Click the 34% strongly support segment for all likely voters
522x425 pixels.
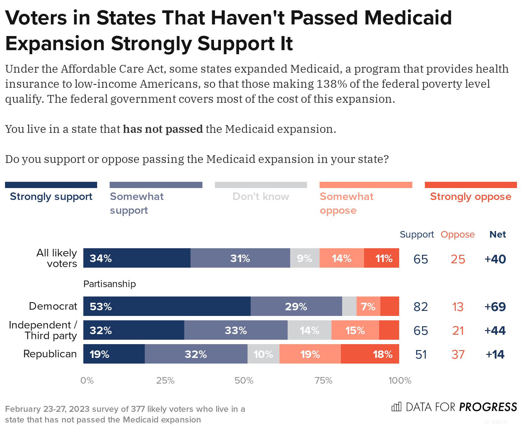coord(137,258)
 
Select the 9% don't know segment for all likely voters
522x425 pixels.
coord(305,258)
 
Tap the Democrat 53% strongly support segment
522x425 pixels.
coord(167,306)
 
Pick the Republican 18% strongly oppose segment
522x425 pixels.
coord(370,354)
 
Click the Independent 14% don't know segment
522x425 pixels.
coord(309,330)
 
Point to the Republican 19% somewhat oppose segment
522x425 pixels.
coord(310,354)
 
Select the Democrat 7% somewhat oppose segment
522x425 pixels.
coord(368,306)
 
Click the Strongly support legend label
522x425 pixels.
coord(51,197)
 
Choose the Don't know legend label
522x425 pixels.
coord(261,197)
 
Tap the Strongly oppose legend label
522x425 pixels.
coord(470,197)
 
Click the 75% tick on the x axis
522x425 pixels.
coord(323,380)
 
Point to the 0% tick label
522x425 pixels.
coord(87,380)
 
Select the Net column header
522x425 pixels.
coord(498,234)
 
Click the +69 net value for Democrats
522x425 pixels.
coord(495,307)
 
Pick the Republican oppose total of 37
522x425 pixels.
coord(458,354)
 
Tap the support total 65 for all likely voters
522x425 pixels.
coord(420,259)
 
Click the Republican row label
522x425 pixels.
coord(50,354)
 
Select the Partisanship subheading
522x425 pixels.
coord(109,284)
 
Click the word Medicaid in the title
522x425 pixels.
coord(408,18)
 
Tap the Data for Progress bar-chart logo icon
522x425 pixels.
coord(396,407)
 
